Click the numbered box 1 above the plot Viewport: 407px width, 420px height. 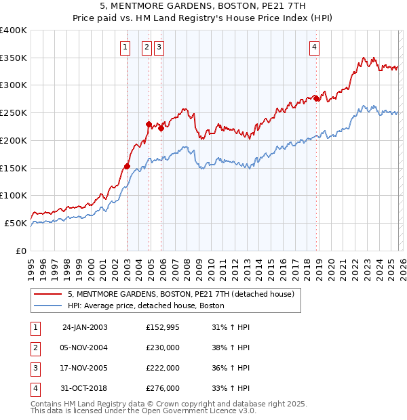(126, 47)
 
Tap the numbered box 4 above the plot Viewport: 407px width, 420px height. (315, 47)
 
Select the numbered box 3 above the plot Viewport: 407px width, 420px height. (158, 47)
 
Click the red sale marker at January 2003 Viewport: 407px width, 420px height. (127, 166)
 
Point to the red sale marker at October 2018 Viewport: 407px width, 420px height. (317, 98)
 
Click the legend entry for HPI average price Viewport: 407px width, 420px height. (146, 306)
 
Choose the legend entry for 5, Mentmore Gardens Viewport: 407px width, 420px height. (180, 295)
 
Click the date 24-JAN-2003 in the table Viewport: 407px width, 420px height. (85, 327)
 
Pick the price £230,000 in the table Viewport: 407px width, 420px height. (163, 348)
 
